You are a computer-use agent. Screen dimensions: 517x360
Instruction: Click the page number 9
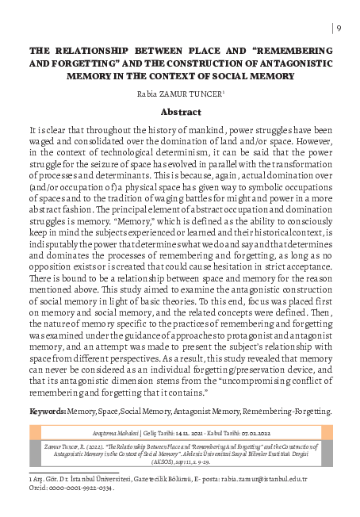[339, 29]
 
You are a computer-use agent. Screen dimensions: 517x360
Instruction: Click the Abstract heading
[179, 113]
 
